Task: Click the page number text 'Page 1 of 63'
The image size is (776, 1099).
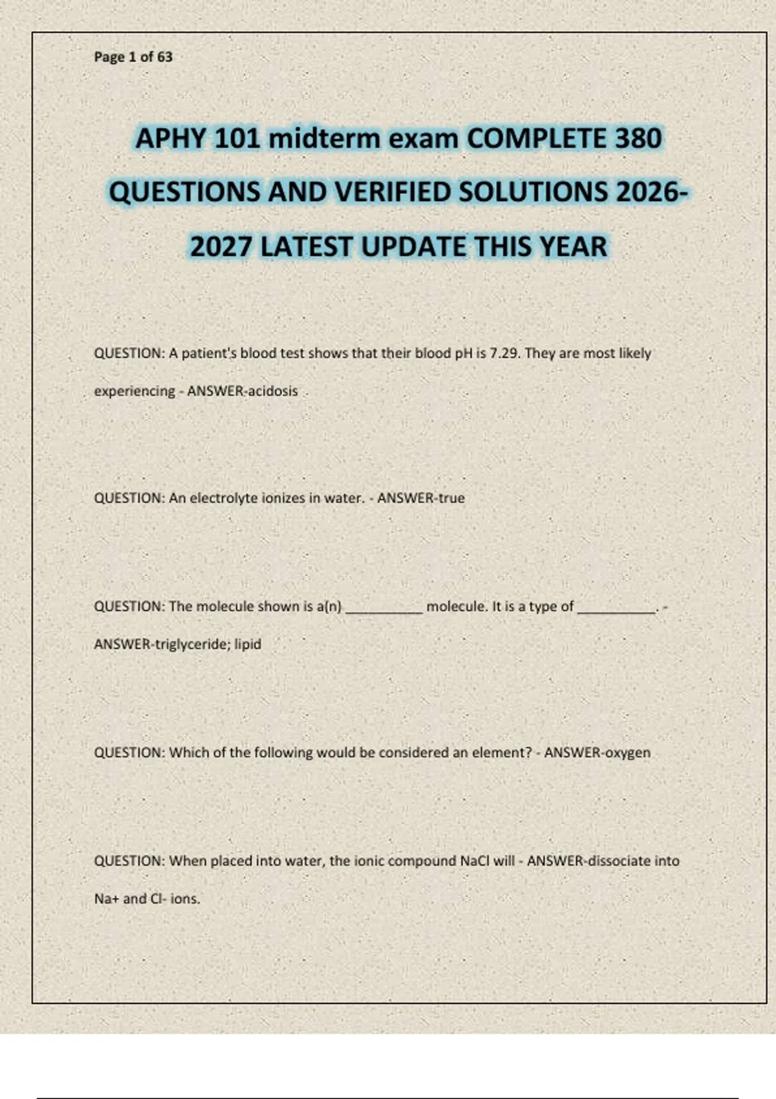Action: (x=133, y=57)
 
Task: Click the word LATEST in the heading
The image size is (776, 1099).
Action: (x=307, y=246)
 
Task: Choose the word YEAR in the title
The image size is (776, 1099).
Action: (x=574, y=246)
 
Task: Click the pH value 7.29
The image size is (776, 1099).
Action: (x=504, y=354)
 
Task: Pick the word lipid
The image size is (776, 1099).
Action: (x=248, y=645)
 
